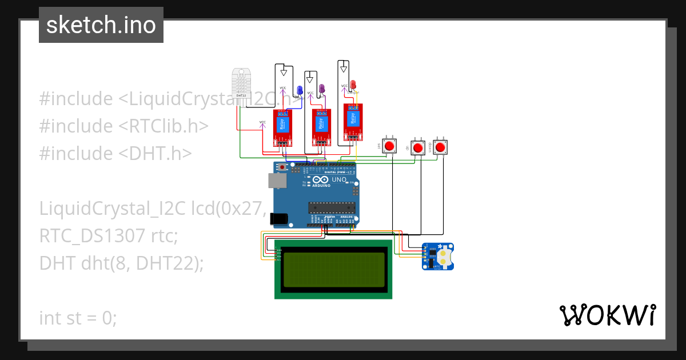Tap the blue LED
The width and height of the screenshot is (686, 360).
300,90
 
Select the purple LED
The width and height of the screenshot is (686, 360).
321,89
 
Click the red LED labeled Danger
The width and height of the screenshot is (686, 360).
353,85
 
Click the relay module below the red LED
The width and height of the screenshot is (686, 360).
353,121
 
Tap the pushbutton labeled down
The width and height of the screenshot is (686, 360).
440,147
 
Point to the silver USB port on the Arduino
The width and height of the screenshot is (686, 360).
277,181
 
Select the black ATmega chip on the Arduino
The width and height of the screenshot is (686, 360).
332,207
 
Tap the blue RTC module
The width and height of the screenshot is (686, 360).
437,256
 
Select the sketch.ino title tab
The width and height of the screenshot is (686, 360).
101,25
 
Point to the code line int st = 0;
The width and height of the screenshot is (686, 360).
78,318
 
